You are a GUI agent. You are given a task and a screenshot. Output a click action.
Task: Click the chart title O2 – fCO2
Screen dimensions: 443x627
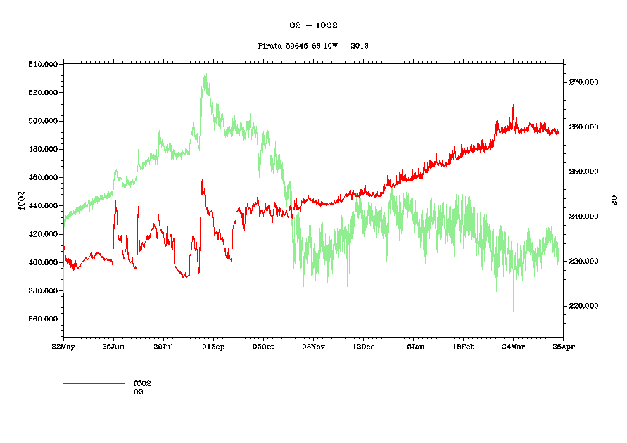pyautogui.click(x=314, y=25)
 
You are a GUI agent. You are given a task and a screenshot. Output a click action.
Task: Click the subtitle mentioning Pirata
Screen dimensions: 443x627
pyautogui.click(x=314, y=46)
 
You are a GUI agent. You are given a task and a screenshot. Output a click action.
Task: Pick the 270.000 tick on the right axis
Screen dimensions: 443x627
pyautogui.click(x=583, y=82)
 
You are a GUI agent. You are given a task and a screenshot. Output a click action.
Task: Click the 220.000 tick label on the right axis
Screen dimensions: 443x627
pyautogui.click(x=583, y=306)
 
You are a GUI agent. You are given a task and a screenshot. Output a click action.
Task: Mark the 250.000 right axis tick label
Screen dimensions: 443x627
pyautogui.click(x=583, y=172)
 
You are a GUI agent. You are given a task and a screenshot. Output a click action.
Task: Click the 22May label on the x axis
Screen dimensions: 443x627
pyautogui.click(x=63, y=346)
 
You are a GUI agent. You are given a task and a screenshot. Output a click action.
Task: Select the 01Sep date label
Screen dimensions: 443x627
pyautogui.click(x=213, y=346)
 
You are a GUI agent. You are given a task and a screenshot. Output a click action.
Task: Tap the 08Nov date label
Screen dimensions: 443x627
pyautogui.click(x=313, y=346)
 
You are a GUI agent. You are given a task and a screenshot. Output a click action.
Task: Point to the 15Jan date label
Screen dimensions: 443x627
pyautogui.click(x=413, y=346)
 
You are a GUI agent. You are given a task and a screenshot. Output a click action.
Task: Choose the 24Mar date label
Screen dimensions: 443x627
pyautogui.click(x=513, y=346)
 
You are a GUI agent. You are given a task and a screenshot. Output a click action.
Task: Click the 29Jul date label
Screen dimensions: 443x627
pyautogui.click(x=163, y=346)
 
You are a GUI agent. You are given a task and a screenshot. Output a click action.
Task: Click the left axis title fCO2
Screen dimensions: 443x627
pyautogui.click(x=22, y=199)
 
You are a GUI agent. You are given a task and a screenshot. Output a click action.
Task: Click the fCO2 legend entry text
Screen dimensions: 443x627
pyautogui.click(x=142, y=383)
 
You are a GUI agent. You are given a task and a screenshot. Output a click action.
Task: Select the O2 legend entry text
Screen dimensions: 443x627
pyautogui.click(x=139, y=391)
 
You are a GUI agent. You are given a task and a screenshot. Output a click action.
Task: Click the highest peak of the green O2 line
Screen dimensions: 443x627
pyautogui.click(x=205, y=73)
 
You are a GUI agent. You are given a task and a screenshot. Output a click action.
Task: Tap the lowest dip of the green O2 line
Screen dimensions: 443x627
pyautogui.click(x=513, y=311)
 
